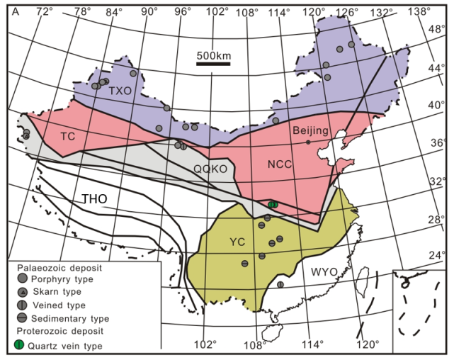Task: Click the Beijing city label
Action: coord(310,131)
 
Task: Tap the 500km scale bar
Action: coord(214,64)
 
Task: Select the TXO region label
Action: coord(120,91)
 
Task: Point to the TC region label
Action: coord(68,135)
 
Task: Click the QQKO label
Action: coord(210,169)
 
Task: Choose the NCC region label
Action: coord(280,164)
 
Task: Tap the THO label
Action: coord(94,199)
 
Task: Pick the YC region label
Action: coord(237,242)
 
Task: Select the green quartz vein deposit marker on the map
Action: coord(273,204)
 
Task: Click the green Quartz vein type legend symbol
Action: coord(21,345)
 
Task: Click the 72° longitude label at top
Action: coord(45,10)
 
